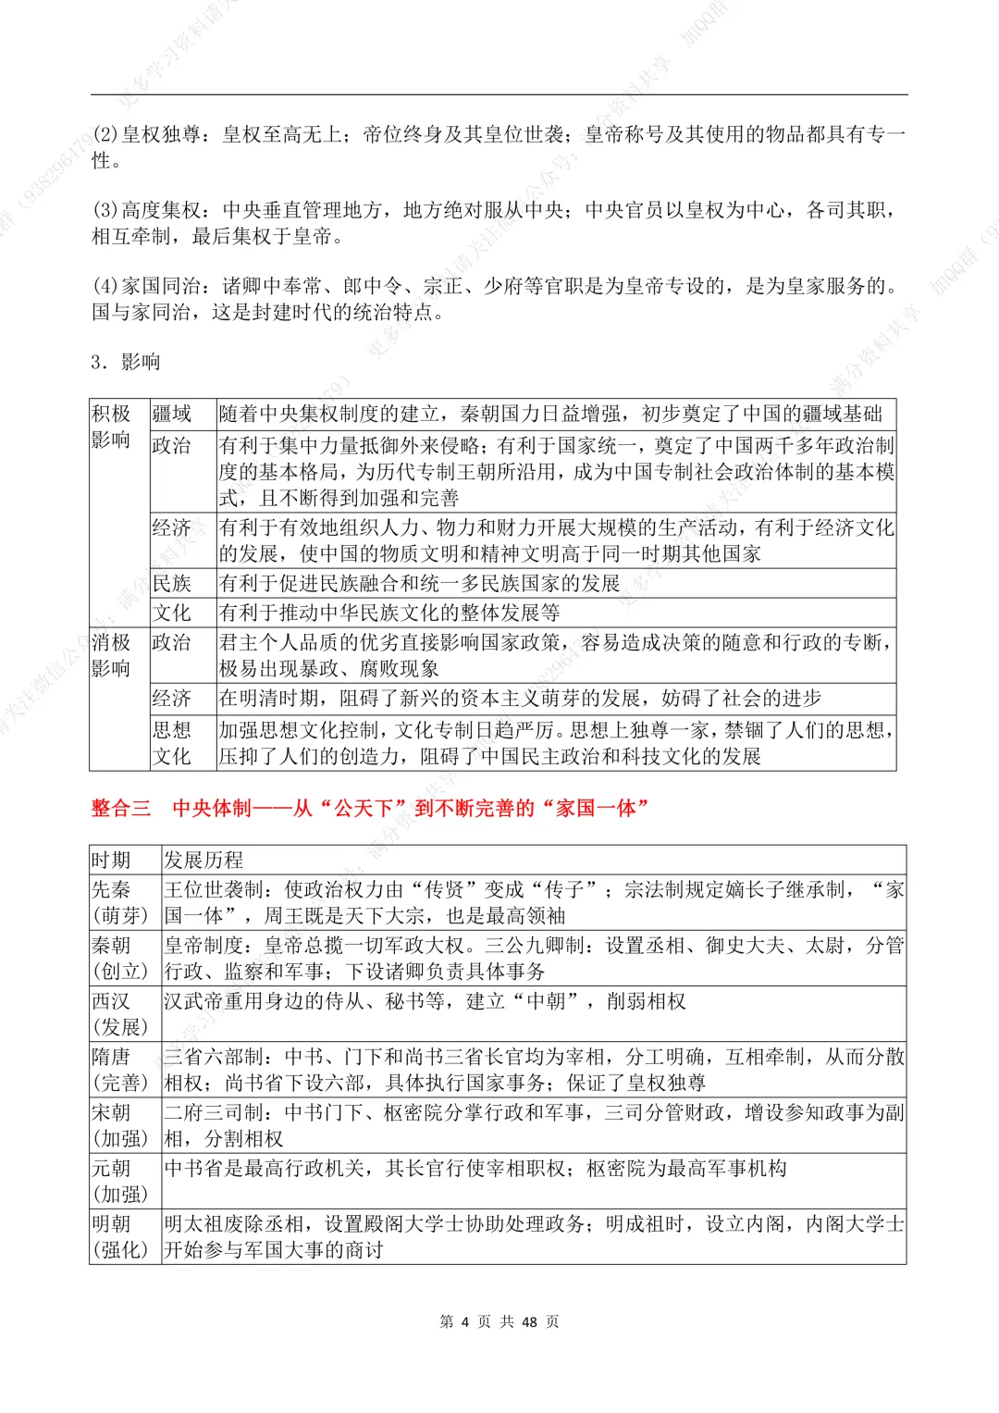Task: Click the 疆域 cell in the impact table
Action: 171,414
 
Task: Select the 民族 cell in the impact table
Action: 171,583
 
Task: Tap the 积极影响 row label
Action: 111,427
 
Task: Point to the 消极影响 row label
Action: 111,655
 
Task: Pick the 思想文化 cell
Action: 171,743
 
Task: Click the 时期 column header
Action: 111,860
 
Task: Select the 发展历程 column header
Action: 203,860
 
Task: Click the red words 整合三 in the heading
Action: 121,808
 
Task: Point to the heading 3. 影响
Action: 126,362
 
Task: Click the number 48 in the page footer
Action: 529,1321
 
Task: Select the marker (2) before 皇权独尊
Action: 105,135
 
